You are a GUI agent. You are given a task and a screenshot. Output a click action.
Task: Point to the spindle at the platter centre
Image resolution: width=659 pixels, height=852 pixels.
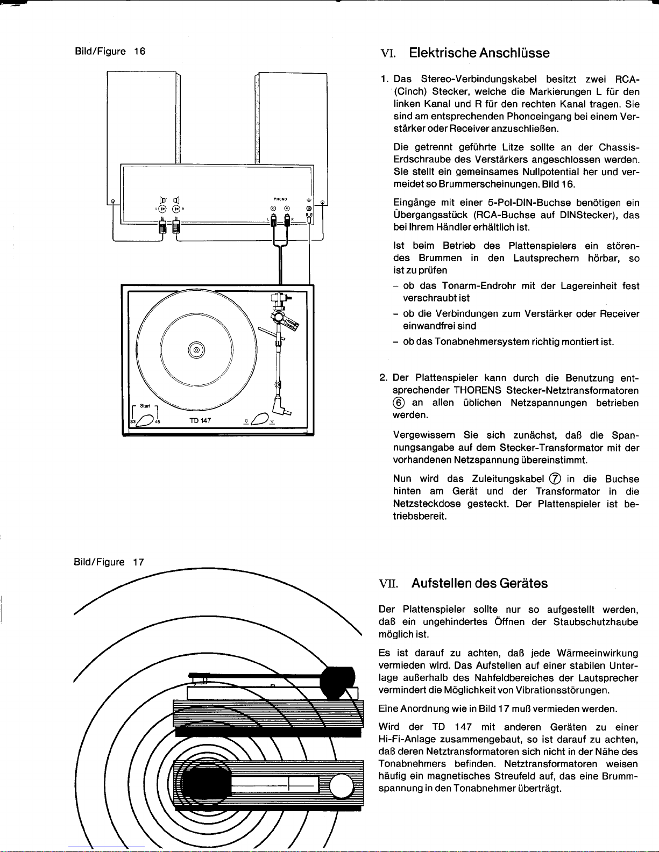[196, 350]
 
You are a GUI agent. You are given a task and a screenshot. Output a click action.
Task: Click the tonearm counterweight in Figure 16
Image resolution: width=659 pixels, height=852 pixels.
[280, 297]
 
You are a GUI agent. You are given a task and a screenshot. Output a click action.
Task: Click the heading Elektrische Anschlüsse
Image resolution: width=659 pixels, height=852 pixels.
[479, 53]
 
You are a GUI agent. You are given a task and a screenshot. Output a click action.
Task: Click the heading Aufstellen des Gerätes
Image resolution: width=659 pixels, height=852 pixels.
[479, 583]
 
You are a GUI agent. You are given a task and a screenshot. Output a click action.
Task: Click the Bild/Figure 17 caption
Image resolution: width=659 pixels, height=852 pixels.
[108, 563]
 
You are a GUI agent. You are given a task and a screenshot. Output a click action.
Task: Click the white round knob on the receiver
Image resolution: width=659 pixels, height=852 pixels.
[340, 789]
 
